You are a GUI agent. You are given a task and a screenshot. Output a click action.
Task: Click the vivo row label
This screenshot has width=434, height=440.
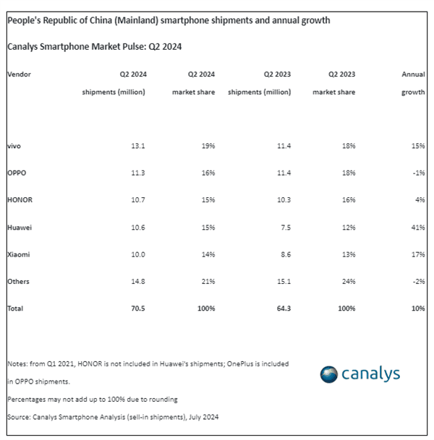14,146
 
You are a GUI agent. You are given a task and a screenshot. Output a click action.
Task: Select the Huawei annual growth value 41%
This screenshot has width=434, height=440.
417,227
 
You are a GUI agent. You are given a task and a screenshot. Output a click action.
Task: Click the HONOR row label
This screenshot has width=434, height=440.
19,200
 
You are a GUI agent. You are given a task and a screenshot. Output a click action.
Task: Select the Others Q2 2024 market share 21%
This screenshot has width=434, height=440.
208,281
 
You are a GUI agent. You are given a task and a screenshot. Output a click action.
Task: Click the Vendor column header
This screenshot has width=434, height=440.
19,74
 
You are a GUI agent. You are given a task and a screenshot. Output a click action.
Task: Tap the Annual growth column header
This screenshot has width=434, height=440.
413,83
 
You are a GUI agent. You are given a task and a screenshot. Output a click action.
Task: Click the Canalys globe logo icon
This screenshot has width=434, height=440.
330,374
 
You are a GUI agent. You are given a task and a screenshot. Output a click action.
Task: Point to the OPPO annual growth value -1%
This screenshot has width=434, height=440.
417,173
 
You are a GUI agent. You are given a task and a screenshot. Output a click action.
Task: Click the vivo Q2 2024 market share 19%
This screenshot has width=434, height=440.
208,146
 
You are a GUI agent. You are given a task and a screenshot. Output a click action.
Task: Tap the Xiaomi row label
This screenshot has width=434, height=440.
18,254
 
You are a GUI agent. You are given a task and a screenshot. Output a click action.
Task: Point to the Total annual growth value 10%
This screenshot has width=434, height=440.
417,309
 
